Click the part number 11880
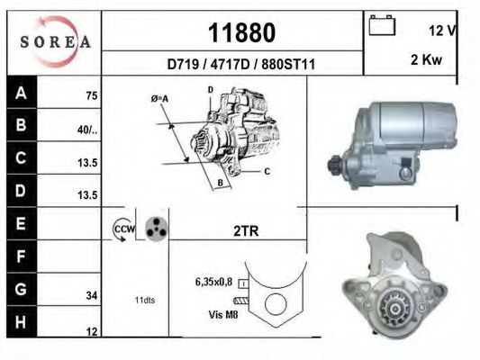[x=240, y=33]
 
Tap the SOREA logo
[x=55, y=41]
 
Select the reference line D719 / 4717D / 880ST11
[x=240, y=65]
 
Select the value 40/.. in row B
[x=88, y=130]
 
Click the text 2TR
[x=245, y=231]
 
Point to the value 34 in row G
[x=92, y=294]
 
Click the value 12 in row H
[x=92, y=331]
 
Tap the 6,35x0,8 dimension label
[x=214, y=281]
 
